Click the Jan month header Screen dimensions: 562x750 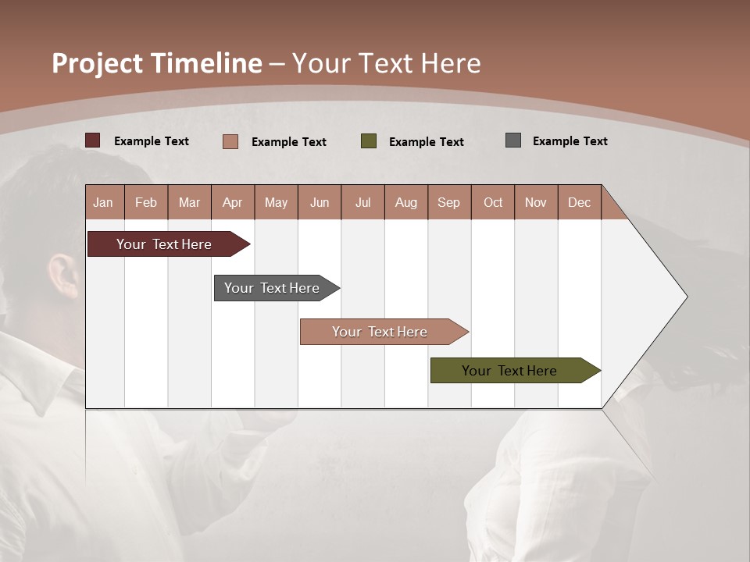point(104,202)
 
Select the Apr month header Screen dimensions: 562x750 point(233,202)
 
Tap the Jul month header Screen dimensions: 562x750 point(362,202)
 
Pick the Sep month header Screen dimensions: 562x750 point(448,202)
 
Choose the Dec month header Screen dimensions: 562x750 point(579,202)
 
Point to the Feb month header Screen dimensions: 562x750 point(146,202)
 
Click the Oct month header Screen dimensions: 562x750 point(493,202)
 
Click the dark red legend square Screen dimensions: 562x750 point(93,140)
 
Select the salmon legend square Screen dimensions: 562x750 point(230,141)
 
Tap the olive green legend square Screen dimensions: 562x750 point(369,141)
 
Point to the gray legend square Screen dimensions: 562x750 point(513,140)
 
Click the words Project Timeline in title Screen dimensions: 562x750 point(157,63)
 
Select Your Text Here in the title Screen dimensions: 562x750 point(387,63)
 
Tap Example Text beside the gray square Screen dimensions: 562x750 point(570,141)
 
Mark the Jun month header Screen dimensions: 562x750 point(320,202)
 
